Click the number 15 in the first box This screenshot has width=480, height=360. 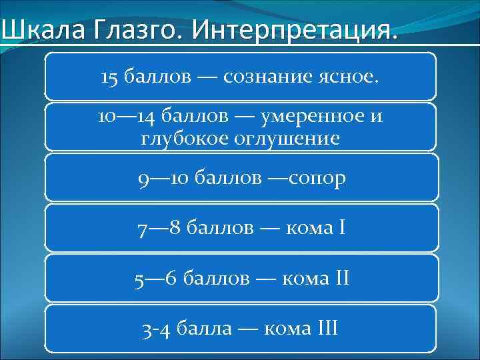(x=109, y=77)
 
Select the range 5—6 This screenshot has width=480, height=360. (x=155, y=277)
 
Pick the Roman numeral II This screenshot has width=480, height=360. (x=341, y=277)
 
